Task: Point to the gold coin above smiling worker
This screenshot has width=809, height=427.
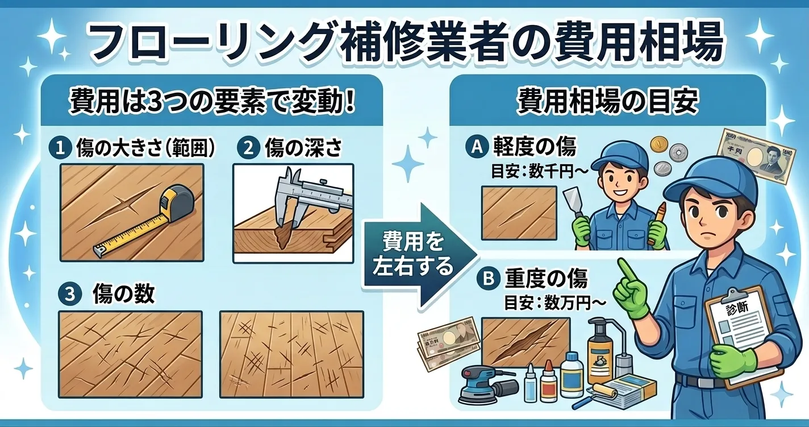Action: click(x=659, y=143)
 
